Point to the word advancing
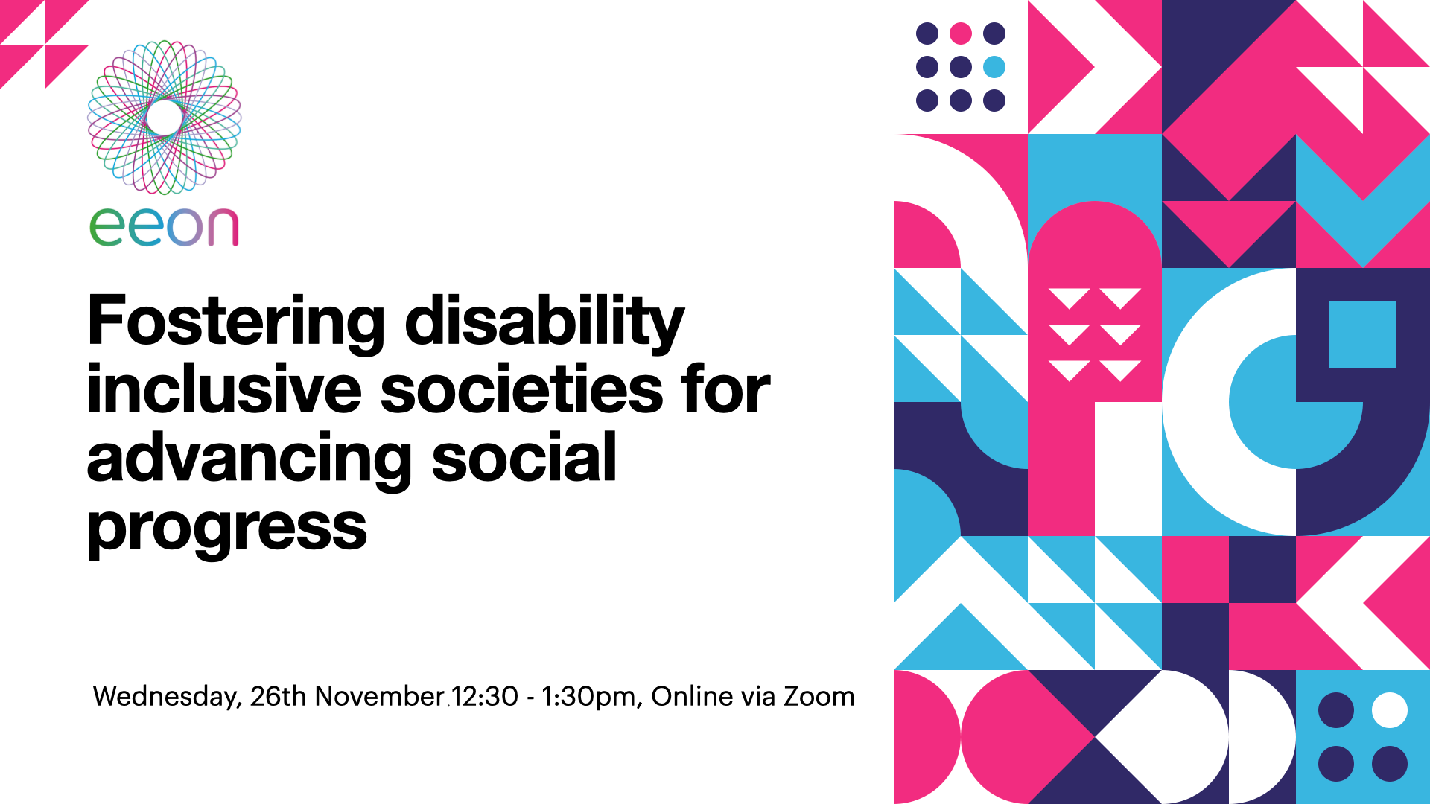pyautogui.click(x=249, y=459)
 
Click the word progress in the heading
pyautogui.click(x=227, y=529)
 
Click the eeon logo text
pyautogui.click(x=164, y=226)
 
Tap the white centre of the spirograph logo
pyautogui.click(x=165, y=117)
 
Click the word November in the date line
pyautogui.click(x=380, y=696)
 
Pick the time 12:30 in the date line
pyautogui.click(x=485, y=696)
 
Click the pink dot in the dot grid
pyautogui.click(x=961, y=33)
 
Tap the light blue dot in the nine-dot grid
pyautogui.click(x=994, y=67)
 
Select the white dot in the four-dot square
pyautogui.click(x=1390, y=710)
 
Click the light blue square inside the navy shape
pyautogui.click(x=1363, y=335)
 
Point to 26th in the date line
pyautogui.click(x=278, y=696)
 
